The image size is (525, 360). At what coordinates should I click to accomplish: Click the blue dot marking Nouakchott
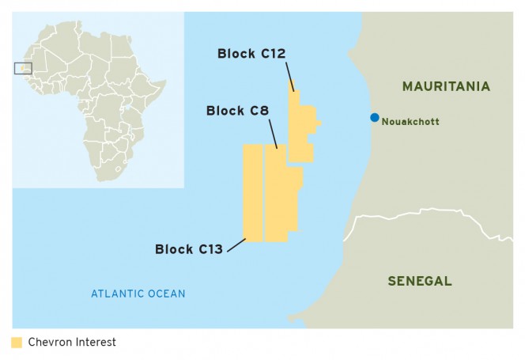pyautogui.click(x=375, y=118)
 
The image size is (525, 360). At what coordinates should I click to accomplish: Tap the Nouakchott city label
pyautogui.click(x=410, y=122)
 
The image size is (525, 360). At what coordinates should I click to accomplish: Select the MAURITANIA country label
pyautogui.click(x=446, y=86)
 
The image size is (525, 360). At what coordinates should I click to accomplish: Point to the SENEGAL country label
pyautogui.click(x=420, y=281)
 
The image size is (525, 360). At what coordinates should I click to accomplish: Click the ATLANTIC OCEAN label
pyautogui.click(x=138, y=294)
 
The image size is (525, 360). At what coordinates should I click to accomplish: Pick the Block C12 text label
pyautogui.click(x=251, y=54)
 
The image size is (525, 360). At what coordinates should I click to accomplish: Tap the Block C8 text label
pyautogui.click(x=236, y=111)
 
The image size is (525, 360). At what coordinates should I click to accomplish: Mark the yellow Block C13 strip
pyautogui.click(x=252, y=193)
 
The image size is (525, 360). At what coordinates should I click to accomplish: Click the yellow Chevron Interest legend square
pyautogui.click(x=17, y=343)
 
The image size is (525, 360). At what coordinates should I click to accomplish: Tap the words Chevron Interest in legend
pyautogui.click(x=72, y=343)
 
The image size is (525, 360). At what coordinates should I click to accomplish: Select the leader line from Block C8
pyautogui.click(x=273, y=135)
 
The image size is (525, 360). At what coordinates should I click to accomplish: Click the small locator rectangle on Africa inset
pyautogui.click(x=23, y=68)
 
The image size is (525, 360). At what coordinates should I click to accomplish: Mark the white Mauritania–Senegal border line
pyautogui.click(x=427, y=212)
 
